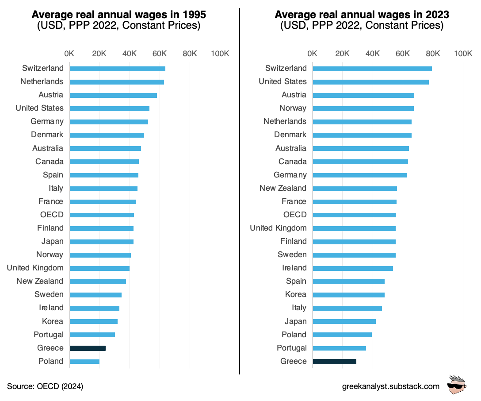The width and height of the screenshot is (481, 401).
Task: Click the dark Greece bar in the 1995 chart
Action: tap(88, 348)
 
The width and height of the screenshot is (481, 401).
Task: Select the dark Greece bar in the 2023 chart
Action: tap(334, 362)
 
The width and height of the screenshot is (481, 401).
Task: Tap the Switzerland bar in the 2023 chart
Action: tap(372, 69)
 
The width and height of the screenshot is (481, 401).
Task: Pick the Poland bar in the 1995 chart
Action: tap(84, 362)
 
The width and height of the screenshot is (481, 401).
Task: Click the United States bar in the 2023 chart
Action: tap(370, 82)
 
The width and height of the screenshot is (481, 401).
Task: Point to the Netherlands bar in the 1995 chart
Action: tap(117, 82)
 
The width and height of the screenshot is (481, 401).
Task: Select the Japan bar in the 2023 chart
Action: tap(344, 322)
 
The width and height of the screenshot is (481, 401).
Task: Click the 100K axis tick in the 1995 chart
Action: tap(220, 54)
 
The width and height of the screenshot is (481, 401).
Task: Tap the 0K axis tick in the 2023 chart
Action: tap(313, 54)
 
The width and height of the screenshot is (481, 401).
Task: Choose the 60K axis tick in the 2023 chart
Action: tap(403, 54)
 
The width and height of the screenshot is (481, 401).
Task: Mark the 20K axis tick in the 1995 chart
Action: tap(99, 54)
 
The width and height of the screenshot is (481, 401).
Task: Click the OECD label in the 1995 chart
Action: tap(52, 215)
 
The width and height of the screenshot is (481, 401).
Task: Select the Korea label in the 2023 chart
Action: tap(296, 294)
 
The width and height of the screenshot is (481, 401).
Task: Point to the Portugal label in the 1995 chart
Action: tap(49, 335)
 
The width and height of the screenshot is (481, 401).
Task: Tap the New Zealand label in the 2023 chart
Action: tap(283, 188)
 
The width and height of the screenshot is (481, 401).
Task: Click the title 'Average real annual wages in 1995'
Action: tap(119, 15)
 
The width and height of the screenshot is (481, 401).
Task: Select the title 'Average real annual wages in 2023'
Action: tap(362, 15)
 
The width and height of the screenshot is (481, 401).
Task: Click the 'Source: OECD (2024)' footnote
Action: tap(45, 386)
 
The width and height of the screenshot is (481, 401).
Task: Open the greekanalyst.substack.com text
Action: tap(391, 386)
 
